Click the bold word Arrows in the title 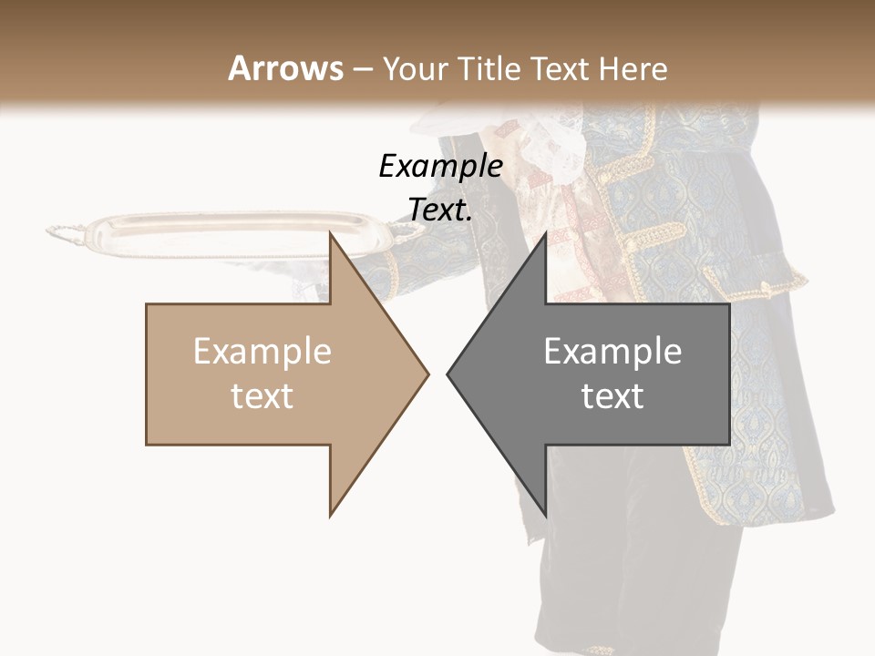point(285,68)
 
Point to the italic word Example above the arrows point(440,166)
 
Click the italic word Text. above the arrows point(440,210)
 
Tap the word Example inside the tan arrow point(262,351)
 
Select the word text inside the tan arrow point(262,395)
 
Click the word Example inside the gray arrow point(612,351)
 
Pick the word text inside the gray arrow point(612,395)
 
